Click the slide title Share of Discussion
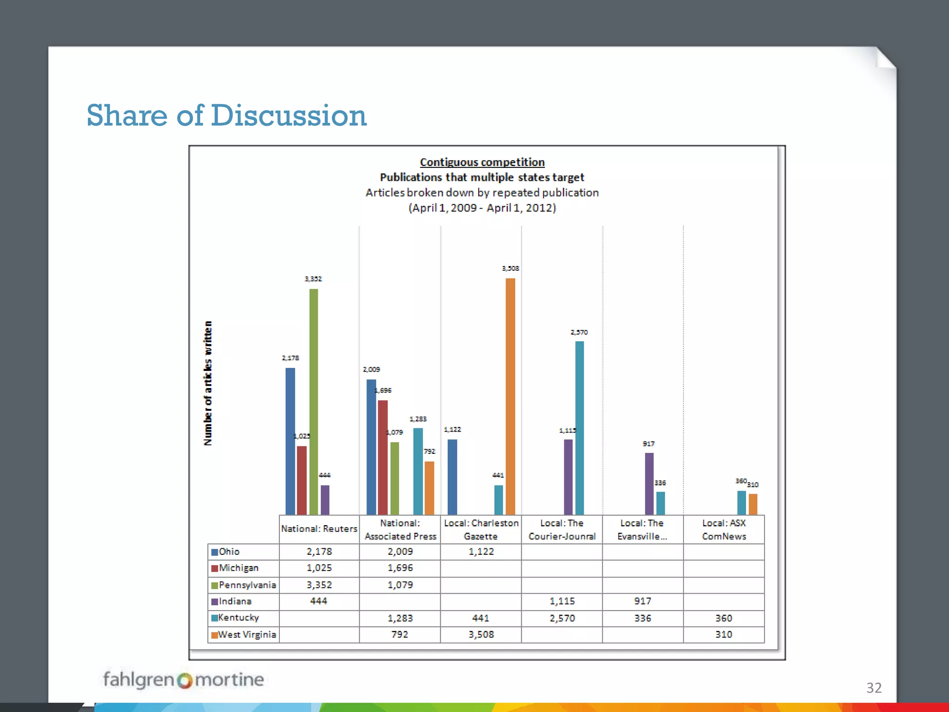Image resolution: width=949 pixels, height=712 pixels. point(226,115)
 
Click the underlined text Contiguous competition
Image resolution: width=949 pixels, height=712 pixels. point(482,162)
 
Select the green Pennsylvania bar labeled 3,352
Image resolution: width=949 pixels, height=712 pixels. point(314,401)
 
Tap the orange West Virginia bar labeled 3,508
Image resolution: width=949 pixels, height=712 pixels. point(510,396)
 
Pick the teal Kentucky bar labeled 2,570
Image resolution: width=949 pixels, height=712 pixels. point(579,427)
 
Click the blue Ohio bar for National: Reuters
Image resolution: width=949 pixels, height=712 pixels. point(290,440)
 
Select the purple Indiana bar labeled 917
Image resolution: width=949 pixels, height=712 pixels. point(649,483)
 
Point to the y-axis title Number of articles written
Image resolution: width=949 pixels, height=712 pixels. point(208,383)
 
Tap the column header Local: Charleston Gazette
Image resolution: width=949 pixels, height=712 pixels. point(481,529)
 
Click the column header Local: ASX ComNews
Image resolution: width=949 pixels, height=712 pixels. point(724,529)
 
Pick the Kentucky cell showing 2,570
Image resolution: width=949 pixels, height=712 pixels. point(562,618)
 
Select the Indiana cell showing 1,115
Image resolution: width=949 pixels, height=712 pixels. point(562,601)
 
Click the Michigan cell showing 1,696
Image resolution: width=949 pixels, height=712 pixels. point(400,568)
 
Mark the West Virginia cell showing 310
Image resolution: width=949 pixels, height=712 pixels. point(723,635)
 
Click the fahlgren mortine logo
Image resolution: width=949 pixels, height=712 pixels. point(183,680)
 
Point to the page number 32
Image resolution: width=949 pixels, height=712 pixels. point(874,687)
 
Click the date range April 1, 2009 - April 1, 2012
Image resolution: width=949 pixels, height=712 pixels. point(482,208)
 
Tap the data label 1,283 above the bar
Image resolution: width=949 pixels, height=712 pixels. point(418,419)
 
